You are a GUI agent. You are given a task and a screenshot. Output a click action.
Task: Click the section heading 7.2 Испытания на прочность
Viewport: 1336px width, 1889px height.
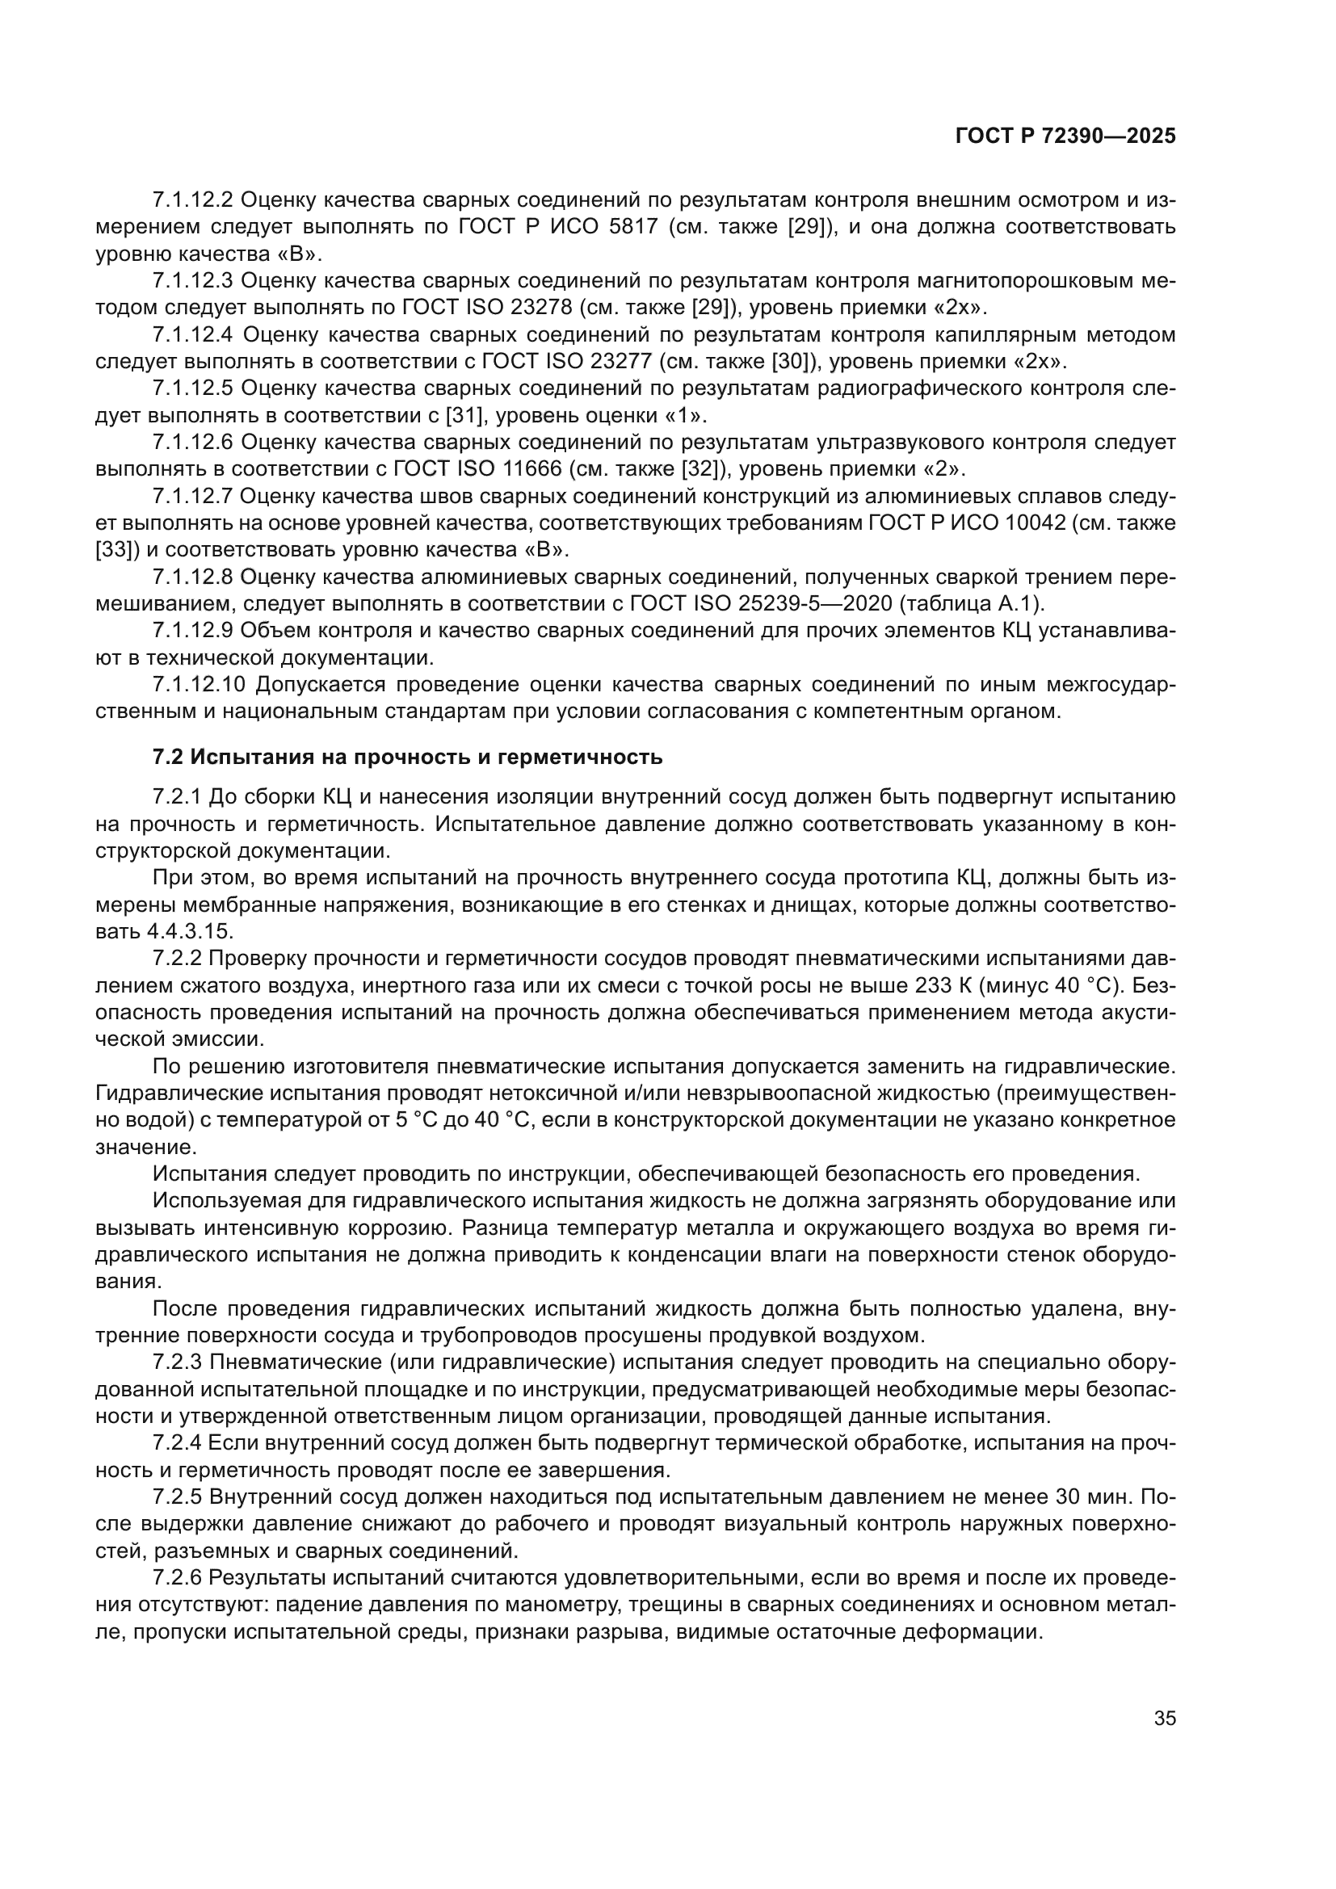click(407, 757)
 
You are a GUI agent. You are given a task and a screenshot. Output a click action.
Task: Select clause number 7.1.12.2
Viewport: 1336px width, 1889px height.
click(193, 200)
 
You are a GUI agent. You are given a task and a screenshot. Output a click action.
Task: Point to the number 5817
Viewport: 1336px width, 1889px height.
click(628, 227)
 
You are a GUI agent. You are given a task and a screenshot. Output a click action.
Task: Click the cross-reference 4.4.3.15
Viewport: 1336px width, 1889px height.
click(190, 932)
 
